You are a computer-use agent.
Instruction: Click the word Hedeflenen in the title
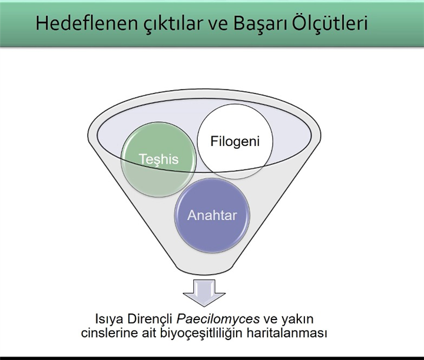[87, 23]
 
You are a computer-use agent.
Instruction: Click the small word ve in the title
[218, 25]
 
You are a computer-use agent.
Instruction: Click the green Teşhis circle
[159, 159]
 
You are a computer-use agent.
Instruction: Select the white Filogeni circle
[235, 141]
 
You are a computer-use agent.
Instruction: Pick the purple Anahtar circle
[212, 215]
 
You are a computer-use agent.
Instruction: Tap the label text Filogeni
[235, 142]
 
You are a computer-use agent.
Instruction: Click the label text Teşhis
[159, 159]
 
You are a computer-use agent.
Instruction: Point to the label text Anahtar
[212, 215]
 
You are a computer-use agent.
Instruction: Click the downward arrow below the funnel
[204, 293]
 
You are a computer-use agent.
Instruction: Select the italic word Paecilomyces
[218, 319]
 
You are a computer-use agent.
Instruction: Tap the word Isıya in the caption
[110, 319]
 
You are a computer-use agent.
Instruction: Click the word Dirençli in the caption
[150, 319]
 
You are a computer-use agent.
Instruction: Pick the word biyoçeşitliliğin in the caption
[201, 334]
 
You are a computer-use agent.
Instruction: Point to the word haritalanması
[287, 332]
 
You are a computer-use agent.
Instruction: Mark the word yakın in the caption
[297, 319]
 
